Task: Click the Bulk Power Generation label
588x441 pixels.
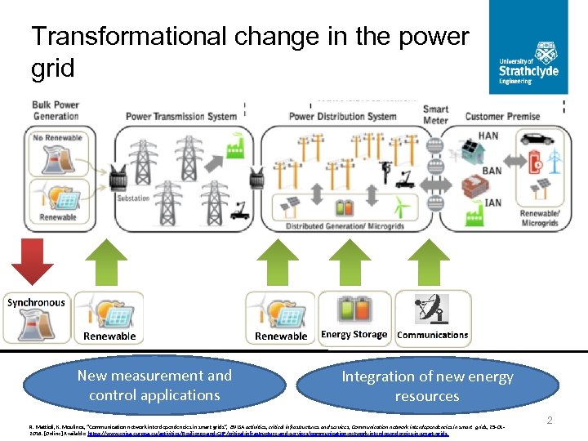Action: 56,110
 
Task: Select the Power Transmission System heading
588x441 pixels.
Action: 180,116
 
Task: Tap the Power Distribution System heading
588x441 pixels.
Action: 343,116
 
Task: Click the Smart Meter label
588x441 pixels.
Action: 435,115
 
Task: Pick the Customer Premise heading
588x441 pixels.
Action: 503,116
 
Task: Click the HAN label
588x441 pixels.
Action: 488,136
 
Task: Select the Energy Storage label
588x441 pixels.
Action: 354,334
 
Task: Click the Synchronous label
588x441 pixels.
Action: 36,302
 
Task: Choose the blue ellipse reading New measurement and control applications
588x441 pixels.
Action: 154,385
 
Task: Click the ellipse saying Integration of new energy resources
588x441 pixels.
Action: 427,385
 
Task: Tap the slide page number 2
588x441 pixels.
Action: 550,420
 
